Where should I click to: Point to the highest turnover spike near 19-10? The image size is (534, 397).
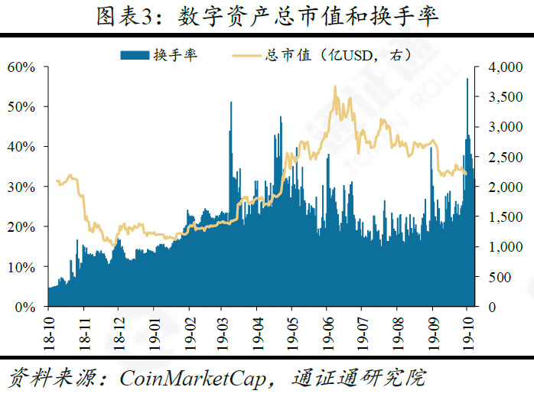coord(467,80)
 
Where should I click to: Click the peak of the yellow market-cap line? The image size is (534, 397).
coord(335,87)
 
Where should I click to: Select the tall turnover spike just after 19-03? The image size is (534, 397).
coord(231,103)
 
